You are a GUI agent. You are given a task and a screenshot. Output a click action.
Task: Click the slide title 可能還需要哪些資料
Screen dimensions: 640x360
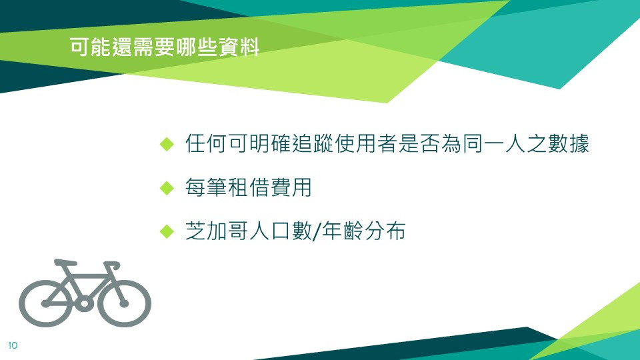(165, 47)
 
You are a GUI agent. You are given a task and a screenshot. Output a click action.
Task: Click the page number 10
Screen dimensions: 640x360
(13, 345)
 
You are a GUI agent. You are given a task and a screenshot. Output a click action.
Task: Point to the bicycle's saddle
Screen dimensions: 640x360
(65, 262)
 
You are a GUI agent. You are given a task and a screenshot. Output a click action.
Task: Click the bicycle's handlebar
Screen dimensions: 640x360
(113, 265)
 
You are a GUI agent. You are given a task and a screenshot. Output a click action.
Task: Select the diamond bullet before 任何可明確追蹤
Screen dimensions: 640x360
(167, 144)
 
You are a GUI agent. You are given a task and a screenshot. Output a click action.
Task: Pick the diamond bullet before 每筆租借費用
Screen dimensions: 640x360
(167, 188)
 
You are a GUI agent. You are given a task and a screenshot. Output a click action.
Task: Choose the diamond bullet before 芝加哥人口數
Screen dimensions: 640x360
(167, 231)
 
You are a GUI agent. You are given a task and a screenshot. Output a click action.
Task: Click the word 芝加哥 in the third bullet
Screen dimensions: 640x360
(217, 231)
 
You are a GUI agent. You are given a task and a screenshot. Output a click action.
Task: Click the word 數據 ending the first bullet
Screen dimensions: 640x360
(569, 144)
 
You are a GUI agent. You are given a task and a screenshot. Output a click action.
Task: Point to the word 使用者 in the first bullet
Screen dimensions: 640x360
(366, 144)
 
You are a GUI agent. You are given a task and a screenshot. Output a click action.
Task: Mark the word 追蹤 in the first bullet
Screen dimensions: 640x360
(313, 144)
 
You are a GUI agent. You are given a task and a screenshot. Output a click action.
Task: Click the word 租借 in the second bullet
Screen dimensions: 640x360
(249, 187)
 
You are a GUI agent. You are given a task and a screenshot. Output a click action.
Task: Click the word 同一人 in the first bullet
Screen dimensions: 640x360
(494, 144)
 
